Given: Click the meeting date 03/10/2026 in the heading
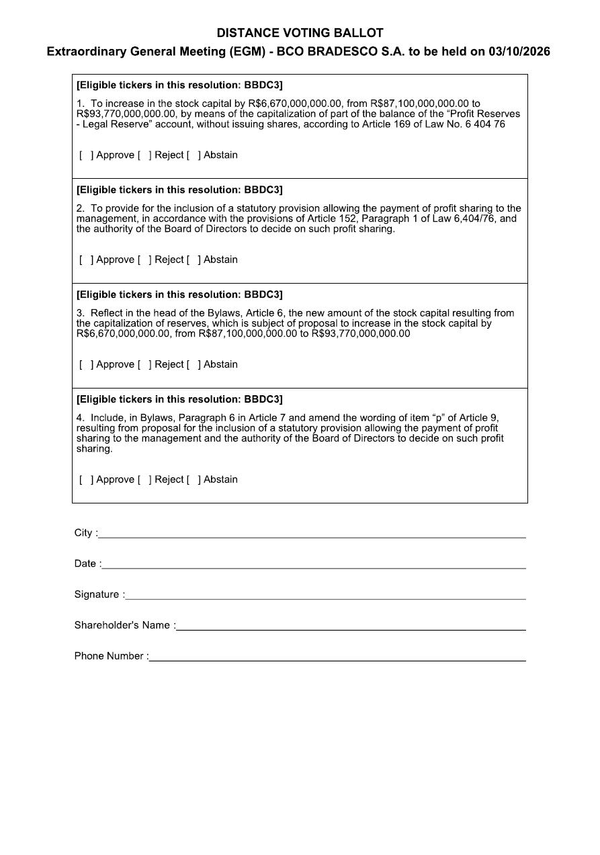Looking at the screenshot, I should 519,52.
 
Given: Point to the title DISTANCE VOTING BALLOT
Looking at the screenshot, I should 300,33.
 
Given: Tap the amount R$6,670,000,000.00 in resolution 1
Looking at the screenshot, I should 296,104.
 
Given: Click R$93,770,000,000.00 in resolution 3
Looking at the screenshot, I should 361,333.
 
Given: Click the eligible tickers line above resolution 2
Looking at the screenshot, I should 179,190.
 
